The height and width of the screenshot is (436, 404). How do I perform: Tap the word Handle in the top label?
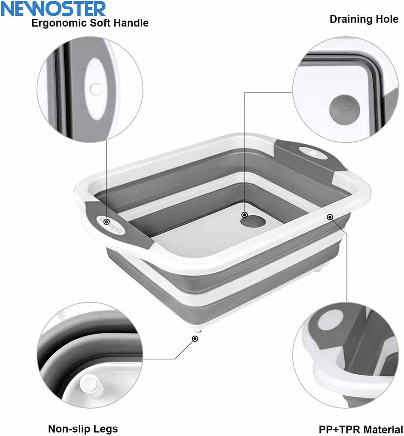(132, 23)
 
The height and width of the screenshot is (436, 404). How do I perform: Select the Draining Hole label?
(364, 19)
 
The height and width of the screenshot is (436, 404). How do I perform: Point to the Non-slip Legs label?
(83, 429)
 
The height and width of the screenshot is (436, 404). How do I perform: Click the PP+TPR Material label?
(361, 429)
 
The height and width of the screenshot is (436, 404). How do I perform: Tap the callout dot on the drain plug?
(245, 215)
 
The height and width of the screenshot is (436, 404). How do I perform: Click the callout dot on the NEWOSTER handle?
(106, 222)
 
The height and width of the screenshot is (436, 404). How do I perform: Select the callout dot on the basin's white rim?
(330, 217)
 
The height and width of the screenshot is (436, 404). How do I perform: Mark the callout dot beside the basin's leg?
(195, 339)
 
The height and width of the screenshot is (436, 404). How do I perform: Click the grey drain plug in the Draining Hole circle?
(345, 109)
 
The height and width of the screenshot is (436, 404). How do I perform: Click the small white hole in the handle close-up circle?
(95, 89)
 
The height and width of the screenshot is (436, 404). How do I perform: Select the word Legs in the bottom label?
(107, 429)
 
